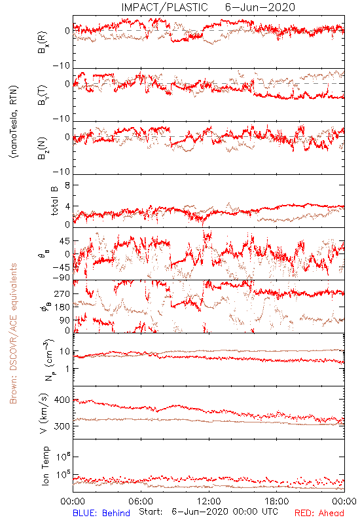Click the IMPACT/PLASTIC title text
pyautogui.click(x=164, y=7)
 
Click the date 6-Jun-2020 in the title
pyautogui.click(x=260, y=7)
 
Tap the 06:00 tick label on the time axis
pyautogui.click(x=141, y=501)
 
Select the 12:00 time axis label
pyautogui.click(x=209, y=501)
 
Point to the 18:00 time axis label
pyautogui.click(x=277, y=501)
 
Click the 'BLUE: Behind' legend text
pyautogui.click(x=101, y=513)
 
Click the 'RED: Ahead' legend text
pyautogui.click(x=319, y=513)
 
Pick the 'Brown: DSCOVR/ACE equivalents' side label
pyautogui.click(x=13, y=333)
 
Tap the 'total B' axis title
pyautogui.click(x=54, y=201)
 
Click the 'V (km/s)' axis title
pyautogui.click(x=44, y=413)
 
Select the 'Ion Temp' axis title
pyautogui.click(x=45, y=466)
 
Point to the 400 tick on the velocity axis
pyautogui.click(x=62, y=400)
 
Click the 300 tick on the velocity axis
pyautogui.click(x=62, y=426)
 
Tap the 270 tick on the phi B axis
pyautogui.click(x=62, y=294)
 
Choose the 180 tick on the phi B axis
pyautogui.click(x=62, y=307)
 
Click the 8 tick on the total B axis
pyautogui.click(x=67, y=185)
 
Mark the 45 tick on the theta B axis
pyautogui.click(x=65, y=241)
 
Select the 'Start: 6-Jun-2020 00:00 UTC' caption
pyautogui.click(x=208, y=512)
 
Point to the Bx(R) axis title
pyautogui.click(x=43, y=43)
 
